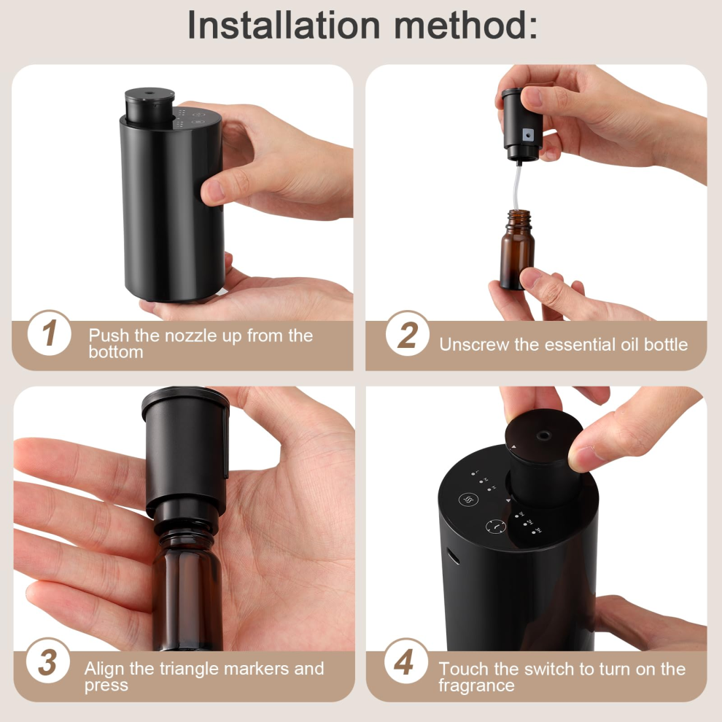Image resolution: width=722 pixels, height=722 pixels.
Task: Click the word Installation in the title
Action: (284, 25)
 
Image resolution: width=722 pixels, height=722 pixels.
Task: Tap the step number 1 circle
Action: (50, 333)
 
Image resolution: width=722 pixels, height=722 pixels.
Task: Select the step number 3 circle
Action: (48, 661)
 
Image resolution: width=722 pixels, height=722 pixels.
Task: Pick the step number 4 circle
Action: (405, 661)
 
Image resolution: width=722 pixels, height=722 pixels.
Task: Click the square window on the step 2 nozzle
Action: (527, 134)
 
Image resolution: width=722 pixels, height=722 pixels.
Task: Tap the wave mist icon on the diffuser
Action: (469, 500)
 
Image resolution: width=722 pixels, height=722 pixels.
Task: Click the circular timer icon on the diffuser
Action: (496, 526)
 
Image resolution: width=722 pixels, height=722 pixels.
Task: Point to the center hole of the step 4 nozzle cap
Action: (544, 435)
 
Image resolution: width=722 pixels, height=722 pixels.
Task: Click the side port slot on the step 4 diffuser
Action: (453, 556)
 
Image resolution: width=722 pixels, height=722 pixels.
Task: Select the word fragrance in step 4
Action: (476, 685)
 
